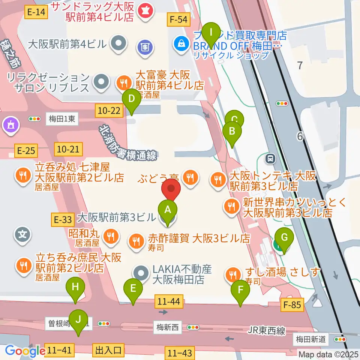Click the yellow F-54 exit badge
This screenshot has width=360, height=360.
(178, 19)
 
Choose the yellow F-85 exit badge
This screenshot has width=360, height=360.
(292, 305)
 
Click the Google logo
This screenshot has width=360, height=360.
(25, 351)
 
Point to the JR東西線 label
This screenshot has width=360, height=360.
(267, 331)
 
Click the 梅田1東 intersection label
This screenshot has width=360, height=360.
(62, 119)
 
